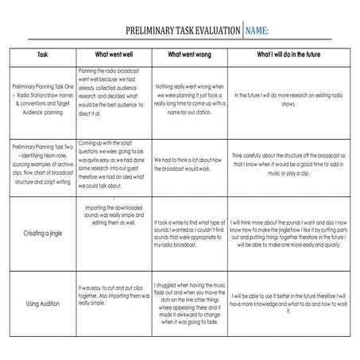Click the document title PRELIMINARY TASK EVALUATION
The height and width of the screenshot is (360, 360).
(183, 31)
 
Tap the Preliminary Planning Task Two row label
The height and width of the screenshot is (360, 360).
(43, 164)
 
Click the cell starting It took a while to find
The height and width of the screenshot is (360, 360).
(188, 235)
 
